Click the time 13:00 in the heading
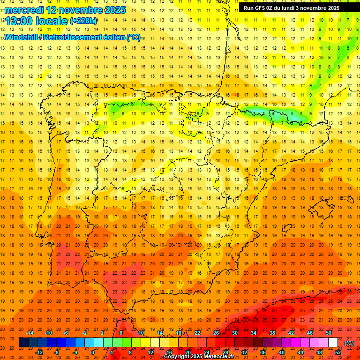[22, 21]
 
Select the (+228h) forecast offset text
[83, 21]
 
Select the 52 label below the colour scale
[338, 352]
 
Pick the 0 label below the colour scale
[93, 352]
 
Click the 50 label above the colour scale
[329, 333]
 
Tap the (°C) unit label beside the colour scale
[349, 343]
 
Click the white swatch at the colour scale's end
[333, 343]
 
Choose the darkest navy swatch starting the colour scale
[23, 343]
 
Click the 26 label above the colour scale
[216, 333]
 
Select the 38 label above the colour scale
[272, 333]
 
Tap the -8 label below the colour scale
[57, 352]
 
